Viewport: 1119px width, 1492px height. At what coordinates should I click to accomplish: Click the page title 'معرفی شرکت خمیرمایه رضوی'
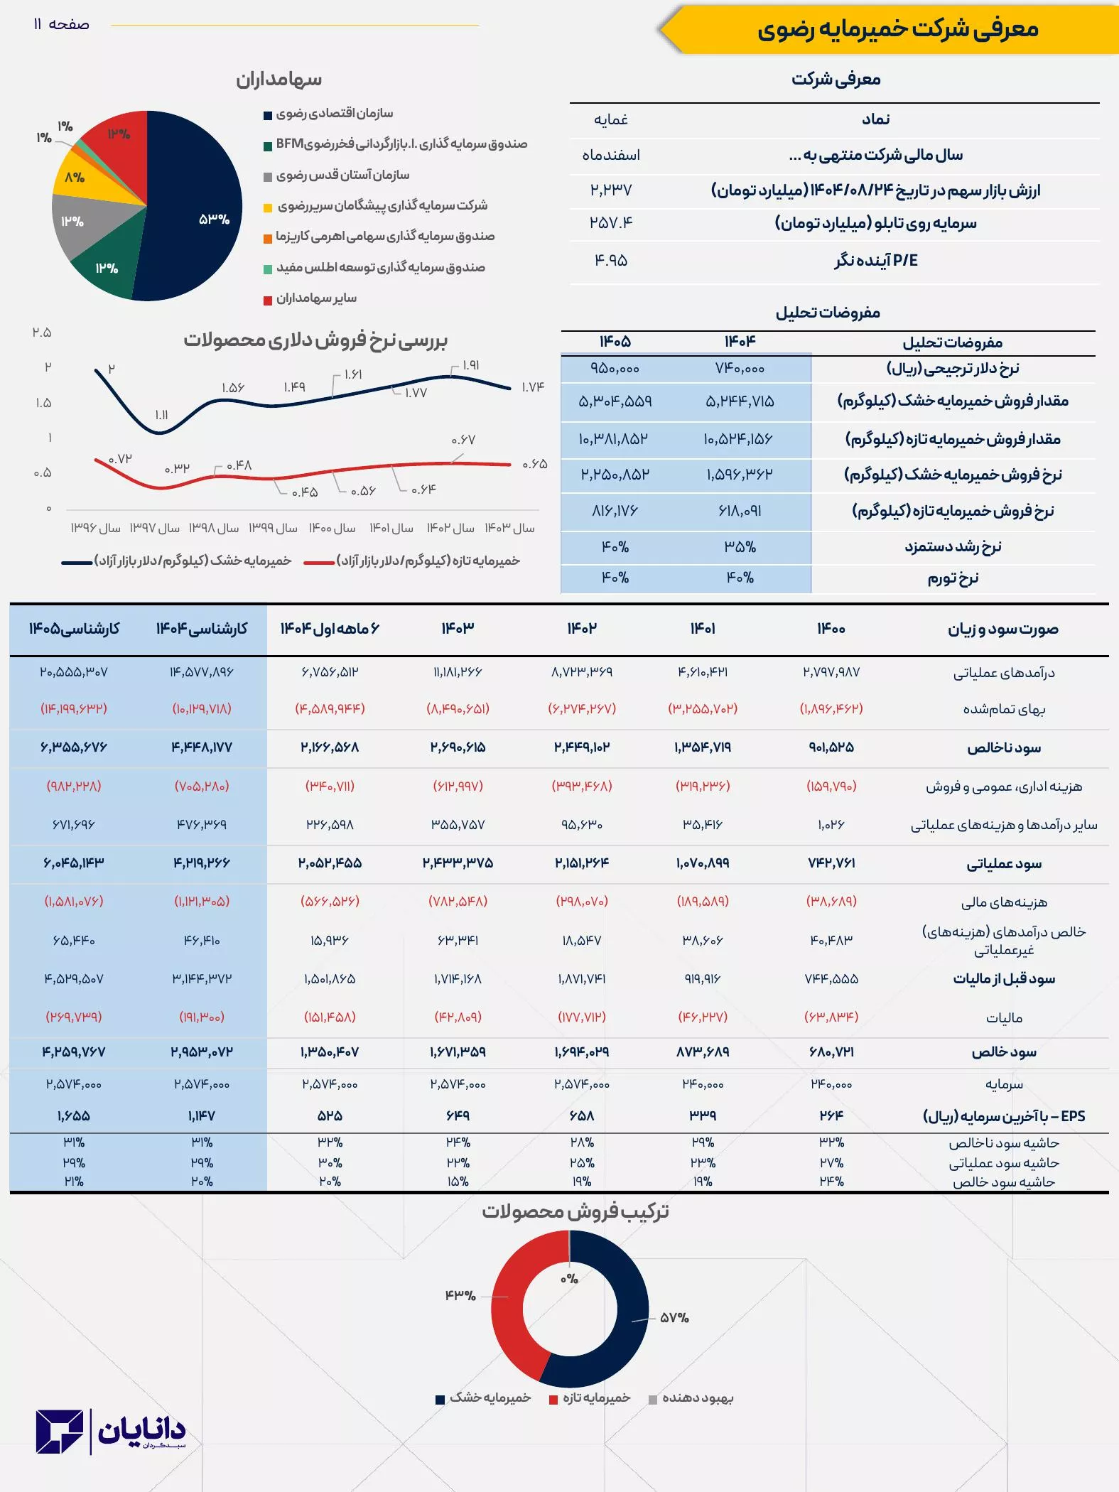897,29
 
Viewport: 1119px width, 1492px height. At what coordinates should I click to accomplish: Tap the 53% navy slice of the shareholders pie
199,213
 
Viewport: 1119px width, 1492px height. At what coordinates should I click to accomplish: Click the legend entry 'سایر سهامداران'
316,298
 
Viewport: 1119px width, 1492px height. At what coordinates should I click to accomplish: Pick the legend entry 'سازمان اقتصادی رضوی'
334,114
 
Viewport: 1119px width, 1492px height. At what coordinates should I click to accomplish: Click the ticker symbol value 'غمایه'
611,119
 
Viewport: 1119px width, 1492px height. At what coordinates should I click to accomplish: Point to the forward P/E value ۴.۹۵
611,261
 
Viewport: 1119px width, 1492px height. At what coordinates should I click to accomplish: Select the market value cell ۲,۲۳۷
611,190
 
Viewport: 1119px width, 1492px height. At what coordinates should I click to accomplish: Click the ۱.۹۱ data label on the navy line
470,365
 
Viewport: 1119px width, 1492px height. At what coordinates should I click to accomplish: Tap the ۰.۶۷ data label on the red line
463,440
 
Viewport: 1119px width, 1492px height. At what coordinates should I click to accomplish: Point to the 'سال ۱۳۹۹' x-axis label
273,528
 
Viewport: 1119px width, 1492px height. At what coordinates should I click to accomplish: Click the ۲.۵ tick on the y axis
42,333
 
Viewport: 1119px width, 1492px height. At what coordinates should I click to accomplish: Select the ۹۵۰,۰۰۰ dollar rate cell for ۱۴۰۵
615,369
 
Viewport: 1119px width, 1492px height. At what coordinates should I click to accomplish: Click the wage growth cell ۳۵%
740,547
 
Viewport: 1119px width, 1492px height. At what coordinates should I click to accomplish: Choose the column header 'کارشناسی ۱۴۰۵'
74,629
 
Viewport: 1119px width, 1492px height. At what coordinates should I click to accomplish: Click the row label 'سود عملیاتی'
1004,864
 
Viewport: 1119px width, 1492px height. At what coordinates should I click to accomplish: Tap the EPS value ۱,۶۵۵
74,1116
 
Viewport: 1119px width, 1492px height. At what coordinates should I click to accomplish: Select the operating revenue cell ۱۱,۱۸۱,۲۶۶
458,672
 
